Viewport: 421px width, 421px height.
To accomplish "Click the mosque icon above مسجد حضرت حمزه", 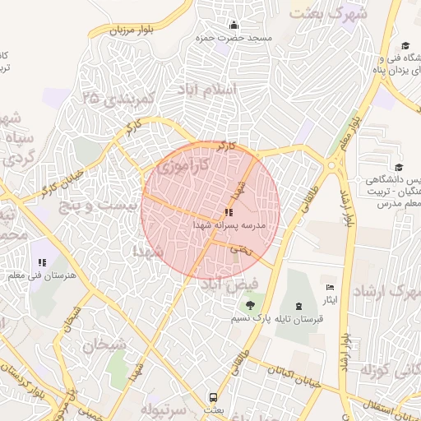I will tap(234, 25).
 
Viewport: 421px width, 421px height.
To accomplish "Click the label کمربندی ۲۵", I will tap(119, 99).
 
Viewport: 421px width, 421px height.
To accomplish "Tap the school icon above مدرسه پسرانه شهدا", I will tap(227, 212).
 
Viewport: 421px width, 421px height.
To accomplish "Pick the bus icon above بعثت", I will tap(213, 396).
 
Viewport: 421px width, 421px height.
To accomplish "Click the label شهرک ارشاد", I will tap(386, 293).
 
